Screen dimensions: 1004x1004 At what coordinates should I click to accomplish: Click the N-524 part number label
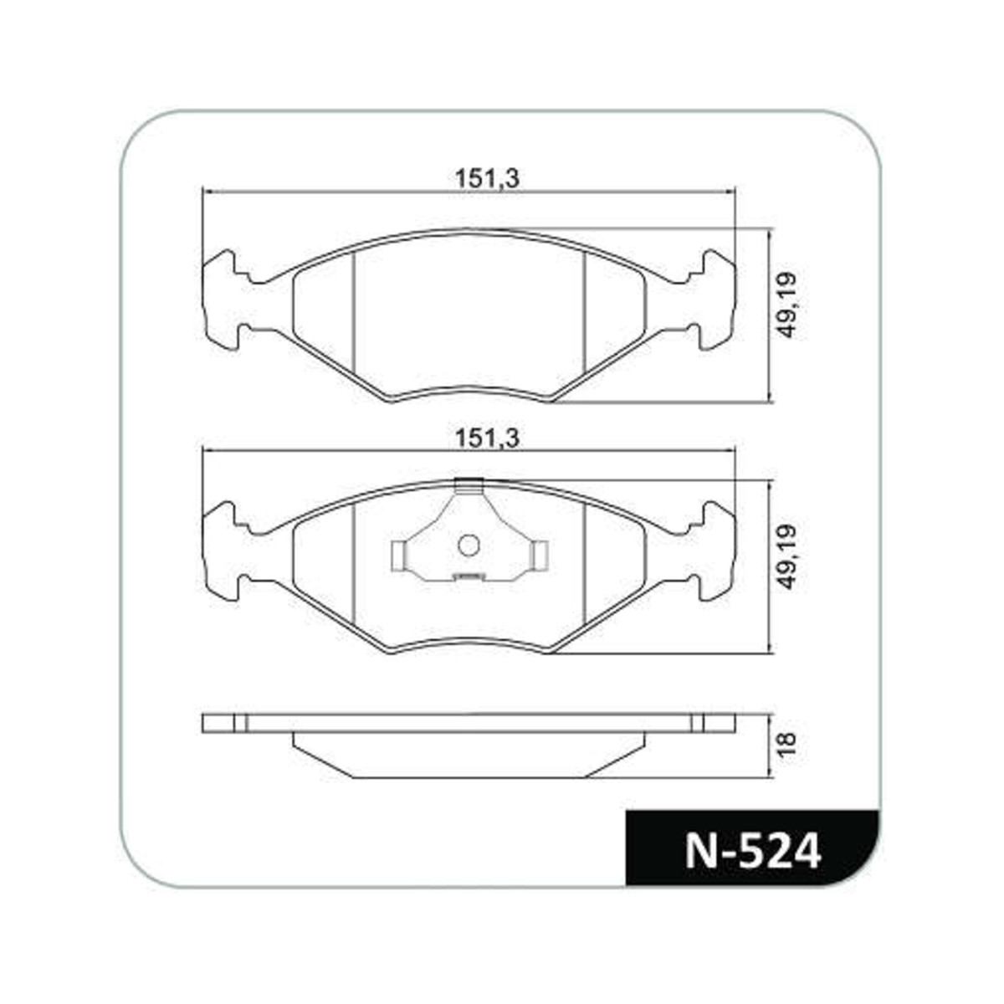[x=753, y=852]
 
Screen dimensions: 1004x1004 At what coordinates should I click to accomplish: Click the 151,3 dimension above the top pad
[x=487, y=179]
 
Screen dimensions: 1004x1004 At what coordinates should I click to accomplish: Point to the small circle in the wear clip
[x=469, y=546]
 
